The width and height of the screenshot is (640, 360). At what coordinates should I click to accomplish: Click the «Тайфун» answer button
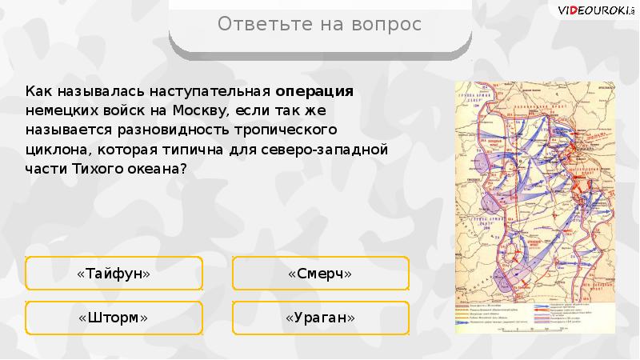(x=114, y=274)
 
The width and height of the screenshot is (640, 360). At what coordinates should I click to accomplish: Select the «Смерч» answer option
(x=320, y=274)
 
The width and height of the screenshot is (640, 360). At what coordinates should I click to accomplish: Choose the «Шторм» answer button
(x=114, y=318)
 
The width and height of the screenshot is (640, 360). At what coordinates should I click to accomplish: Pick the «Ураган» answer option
(x=320, y=318)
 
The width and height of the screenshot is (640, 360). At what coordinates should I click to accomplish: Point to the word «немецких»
(x=58, y=109)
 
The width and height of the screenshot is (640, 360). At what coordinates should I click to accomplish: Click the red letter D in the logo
(x=570, y=9)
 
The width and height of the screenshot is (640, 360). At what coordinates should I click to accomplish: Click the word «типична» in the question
(x=205, y=149)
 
